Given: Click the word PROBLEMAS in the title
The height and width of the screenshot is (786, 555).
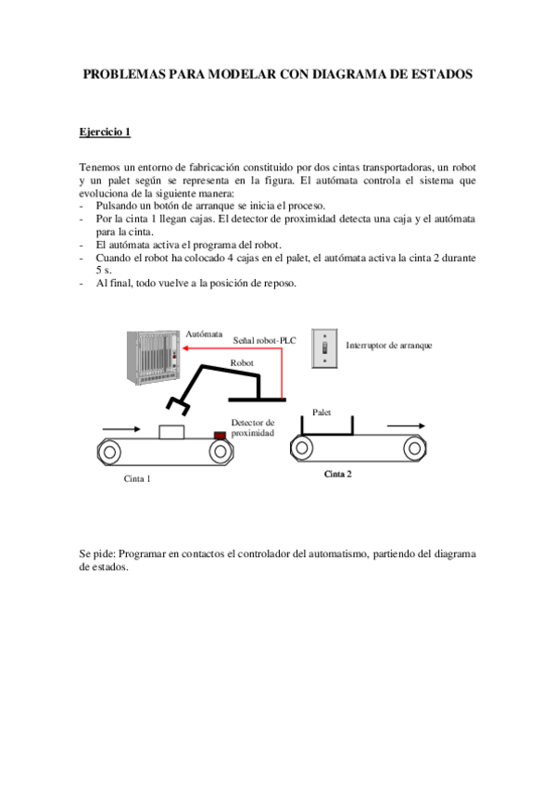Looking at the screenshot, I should [x=124, y=73].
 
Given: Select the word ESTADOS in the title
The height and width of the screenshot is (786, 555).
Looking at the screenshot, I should [x=436, y=73].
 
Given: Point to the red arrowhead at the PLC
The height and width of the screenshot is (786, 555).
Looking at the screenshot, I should [x=184, y=349].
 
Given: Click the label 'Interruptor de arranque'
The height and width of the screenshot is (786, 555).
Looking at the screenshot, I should [x=388, y=345].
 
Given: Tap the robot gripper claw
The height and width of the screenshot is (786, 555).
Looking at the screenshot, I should [x=177, y=404].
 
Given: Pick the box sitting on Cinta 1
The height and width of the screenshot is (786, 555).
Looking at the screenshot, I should [x=171, y=431].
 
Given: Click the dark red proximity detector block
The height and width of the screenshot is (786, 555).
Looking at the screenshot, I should [x=220, y=434].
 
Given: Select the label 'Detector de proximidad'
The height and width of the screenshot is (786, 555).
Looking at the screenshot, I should [x=253, y=427].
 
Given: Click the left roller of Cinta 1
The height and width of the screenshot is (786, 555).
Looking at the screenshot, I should [x=110, y=452].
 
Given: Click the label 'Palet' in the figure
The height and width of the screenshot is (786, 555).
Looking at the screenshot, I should [x=322, y=412].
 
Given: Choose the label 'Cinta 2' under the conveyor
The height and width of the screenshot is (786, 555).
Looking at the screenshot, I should [x=337, y=474].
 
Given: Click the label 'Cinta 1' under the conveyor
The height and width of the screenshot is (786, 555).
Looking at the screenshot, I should [x=136, y=479].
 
